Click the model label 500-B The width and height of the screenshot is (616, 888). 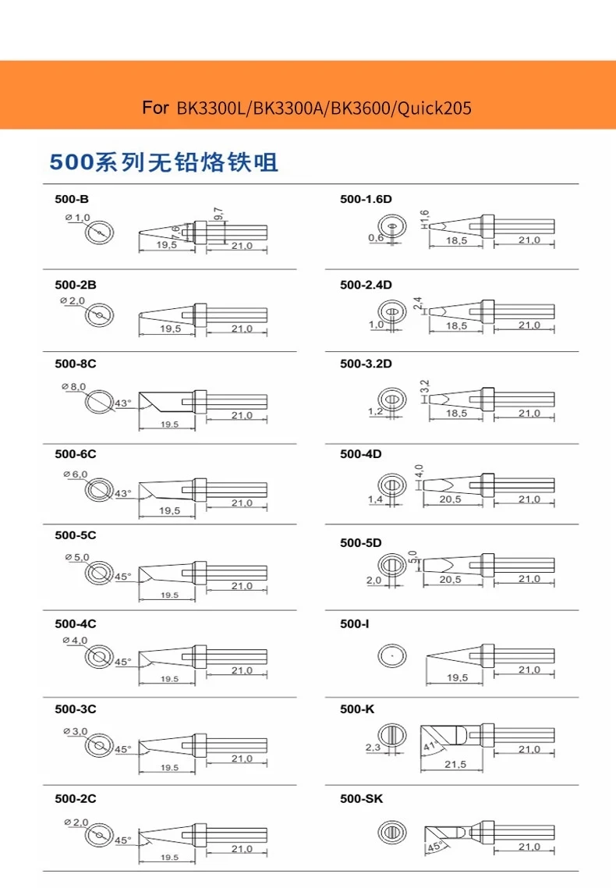[x=72, y=200]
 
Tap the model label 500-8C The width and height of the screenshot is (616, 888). [x=75, y=364]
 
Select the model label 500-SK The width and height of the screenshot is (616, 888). [x=361, y=799]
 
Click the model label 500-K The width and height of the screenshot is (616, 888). [x=357, y=709]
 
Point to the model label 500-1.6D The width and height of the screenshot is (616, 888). [x=366, y=200]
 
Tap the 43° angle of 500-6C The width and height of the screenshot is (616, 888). [x=123, y=493]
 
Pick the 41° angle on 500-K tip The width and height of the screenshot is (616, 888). [x=428, y=746]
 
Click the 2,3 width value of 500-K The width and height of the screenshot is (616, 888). [x=373, y=748]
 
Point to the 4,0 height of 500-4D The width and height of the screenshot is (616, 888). [x=419, y=471]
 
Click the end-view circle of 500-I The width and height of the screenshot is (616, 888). [x=392, y=656]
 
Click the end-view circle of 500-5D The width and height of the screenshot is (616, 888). [x=392, y=564]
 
